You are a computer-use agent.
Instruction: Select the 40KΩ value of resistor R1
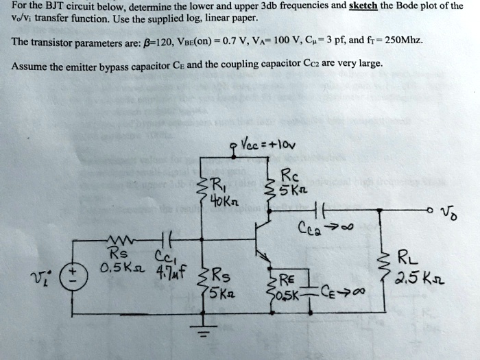(x=221, y=202)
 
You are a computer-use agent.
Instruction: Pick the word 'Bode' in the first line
(x=426, y=6)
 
